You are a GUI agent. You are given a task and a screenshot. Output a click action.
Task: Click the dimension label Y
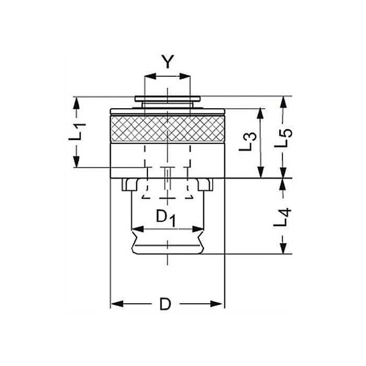[168, 62]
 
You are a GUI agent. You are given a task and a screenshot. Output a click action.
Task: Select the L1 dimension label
[77, 131]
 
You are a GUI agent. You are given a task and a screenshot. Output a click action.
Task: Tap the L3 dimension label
[248, 142]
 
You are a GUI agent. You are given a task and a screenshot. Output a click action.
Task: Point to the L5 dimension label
[283, 138]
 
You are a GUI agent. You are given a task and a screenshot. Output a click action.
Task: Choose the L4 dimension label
[282, 217]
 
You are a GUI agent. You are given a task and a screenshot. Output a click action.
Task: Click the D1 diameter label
[166, 218]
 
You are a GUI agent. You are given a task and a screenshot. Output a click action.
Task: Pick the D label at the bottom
[165, 304]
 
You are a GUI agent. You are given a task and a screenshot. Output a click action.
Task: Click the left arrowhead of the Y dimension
[150, 76]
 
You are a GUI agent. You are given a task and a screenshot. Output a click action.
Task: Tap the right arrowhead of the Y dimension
[185, 76]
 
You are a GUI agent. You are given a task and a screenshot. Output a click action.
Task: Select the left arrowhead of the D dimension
[117, 304]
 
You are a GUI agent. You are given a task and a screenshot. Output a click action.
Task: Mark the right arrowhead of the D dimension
[216, 304]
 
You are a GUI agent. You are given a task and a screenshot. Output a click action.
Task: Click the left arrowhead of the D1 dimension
[138, 229]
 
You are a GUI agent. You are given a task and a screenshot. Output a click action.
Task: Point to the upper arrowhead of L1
[76, 102]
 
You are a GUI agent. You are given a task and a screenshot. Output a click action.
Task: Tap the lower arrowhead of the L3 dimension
[261, 172]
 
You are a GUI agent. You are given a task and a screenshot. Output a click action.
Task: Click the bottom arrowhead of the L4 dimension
[283, 248]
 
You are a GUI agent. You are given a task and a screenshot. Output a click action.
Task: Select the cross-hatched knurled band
[167, 129]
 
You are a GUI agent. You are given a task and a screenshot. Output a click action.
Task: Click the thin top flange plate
[167, 99]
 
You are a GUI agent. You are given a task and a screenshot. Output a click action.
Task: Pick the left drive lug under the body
[129, 185]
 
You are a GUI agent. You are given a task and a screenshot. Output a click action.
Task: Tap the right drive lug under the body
[205, 185]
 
